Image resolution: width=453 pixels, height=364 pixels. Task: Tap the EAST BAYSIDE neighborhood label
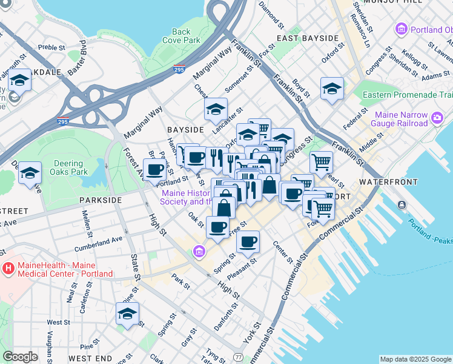click(x=307, y=38)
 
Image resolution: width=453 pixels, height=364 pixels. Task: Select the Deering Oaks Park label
click(x=68, y=168)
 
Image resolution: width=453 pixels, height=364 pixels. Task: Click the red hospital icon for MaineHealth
click(x=9, y=268)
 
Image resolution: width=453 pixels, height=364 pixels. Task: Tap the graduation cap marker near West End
click(x=127, y=314)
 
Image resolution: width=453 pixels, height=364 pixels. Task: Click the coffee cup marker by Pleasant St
click(x=247, y=242)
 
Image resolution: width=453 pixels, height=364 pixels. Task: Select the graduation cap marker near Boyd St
click(x=332, y=89)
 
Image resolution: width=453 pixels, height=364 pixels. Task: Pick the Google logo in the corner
click(x=20, y=357)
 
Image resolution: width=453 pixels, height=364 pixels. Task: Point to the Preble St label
click(x=51, y=47)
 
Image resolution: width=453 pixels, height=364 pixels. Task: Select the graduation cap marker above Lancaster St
click(x=216, y=110)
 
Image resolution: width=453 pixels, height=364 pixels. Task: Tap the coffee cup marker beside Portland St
click(x=154, y=170)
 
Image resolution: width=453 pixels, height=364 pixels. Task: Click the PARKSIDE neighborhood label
click(x=100, y=200)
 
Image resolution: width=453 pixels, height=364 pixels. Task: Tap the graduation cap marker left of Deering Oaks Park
click(x=29, y=173)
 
